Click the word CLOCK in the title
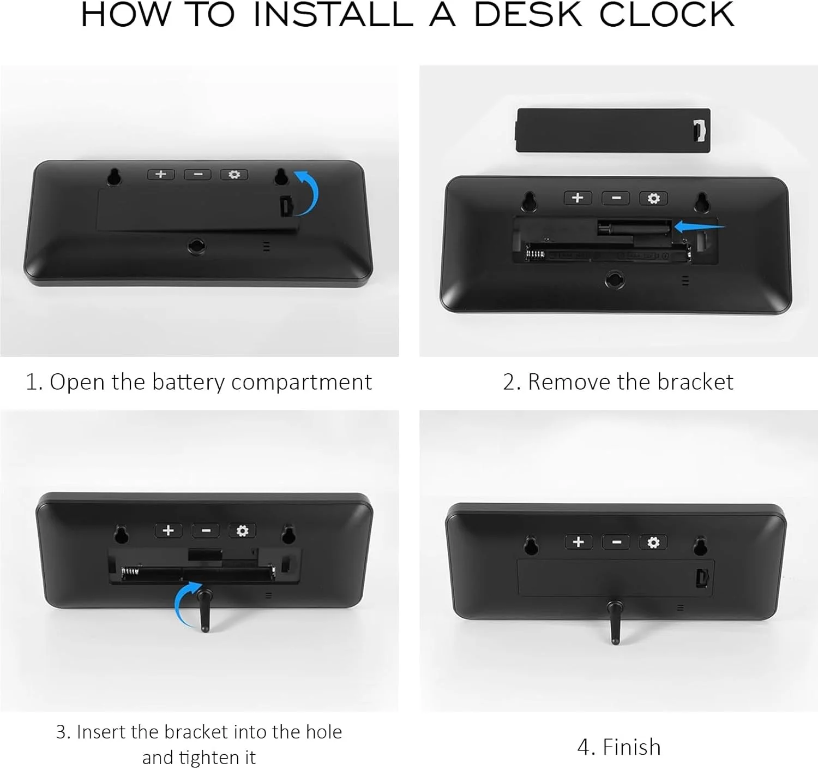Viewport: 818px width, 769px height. [666, 15]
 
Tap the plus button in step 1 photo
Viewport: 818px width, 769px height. [161, 175]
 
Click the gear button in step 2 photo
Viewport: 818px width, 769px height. [653, 198]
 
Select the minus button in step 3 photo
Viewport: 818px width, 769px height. [206, 530]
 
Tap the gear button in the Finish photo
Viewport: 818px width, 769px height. [653, 542]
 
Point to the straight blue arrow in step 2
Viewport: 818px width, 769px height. [699, 226]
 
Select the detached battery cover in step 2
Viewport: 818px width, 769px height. [613, 130]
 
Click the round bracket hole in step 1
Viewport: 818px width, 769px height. [196, 246]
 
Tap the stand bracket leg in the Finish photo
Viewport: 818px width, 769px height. [615, 622]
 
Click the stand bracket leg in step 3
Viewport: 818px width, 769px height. [204, 610]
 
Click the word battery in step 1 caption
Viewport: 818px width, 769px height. [188, 382]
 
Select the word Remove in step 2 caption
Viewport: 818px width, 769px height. [570, 382]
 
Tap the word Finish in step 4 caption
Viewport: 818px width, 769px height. [631, 747]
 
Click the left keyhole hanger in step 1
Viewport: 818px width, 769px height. [114, 176]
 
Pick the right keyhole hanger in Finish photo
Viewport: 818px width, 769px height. [700, 545]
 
